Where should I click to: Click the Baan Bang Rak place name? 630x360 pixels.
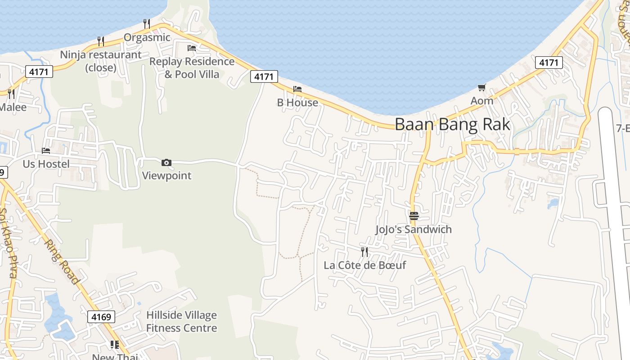(452, 124)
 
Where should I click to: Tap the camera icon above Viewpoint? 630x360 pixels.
(166, 162)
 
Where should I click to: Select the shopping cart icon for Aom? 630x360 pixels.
(482, 87)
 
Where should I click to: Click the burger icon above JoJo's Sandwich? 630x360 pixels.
(414, 216)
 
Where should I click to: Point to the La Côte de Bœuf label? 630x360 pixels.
(364, 265)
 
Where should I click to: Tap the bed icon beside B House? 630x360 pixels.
(297, 89)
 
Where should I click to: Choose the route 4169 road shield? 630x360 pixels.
(101, 317)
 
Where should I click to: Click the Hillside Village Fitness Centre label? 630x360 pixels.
(181, 321)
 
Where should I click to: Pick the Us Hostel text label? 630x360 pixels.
(46, 164)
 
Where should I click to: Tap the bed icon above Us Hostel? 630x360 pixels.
(46, 150)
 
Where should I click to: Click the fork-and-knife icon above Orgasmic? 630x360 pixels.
(147, 23)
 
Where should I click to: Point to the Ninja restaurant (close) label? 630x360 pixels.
(101, 61)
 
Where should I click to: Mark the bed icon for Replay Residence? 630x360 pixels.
(192, 48)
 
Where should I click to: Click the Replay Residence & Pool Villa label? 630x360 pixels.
(192, 67)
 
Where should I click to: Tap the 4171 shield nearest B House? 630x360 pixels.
(264, 76)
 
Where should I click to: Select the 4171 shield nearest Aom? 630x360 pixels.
(549, 63)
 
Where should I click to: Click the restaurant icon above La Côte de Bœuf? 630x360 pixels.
(364, 252)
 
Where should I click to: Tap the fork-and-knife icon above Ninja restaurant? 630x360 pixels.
(101, 41)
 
